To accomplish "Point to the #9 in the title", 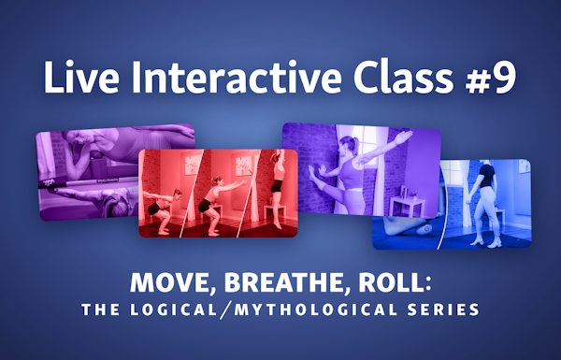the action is [491, 78].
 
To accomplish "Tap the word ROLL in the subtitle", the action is [392, 282].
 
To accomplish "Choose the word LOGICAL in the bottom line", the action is [174, 310].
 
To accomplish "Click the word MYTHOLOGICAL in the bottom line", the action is [316, 310].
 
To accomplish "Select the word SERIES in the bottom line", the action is [443, 310].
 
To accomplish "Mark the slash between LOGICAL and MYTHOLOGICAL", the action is [225, 310].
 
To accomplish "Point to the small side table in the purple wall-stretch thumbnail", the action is [407, 206].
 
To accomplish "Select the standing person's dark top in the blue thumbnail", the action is [487, 176].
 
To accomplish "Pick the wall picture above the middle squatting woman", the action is [243, 166].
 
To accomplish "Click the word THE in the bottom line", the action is [101, 310].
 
